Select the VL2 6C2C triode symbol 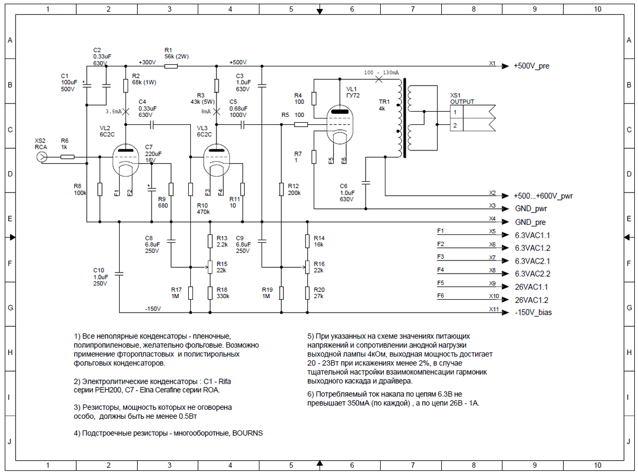pyautogui.click(x=125, y=159)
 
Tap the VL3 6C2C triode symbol pyautogui.click(x=216, y=159)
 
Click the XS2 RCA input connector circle pyautogui.click(x=41, y=157)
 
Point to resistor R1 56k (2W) pyautogui.click(x=171, y=66)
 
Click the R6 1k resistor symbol pyautogui.click(x=68, y=157)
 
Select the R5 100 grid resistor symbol pyautogui.click(x=300, y=125)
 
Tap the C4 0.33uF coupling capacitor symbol pyautogui.click(x=152, y=125)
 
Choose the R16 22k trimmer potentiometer pyautogui.click(x=307, y=266)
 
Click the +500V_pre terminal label pyautogui.click(x=531, y=66)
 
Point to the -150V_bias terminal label pyautogui.click(x=533, y=312)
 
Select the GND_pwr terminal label pyautogui.click(x=530, y=209)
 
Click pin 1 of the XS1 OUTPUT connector pyautogui.click(x=456, y=112)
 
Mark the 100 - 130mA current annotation pyautogui.click(x=382, y=72)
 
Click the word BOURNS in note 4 pyautogui.click(x=247, y=433)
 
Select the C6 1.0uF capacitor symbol pyautogui.click(x=366, y=182)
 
